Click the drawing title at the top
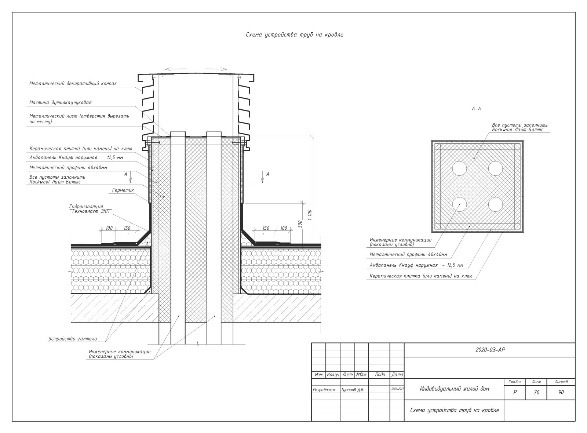pos(294,35)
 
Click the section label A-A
pos(476,109)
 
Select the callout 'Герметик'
pos(123,190)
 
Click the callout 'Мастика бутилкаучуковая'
pos(61,102)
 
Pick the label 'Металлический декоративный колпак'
pos(73,84)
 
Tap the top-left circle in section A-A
pos(459,168)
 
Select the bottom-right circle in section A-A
pos(495,204)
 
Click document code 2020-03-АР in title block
pos(490,350)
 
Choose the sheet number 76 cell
pos(536,392)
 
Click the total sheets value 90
pos(561,392)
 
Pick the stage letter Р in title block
pos(515,392)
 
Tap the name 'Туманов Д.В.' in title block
pos(353,390)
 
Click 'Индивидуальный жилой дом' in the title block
pos(455,389)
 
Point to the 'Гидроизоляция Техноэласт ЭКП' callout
pos(90,209)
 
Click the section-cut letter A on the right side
pos(267,174)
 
